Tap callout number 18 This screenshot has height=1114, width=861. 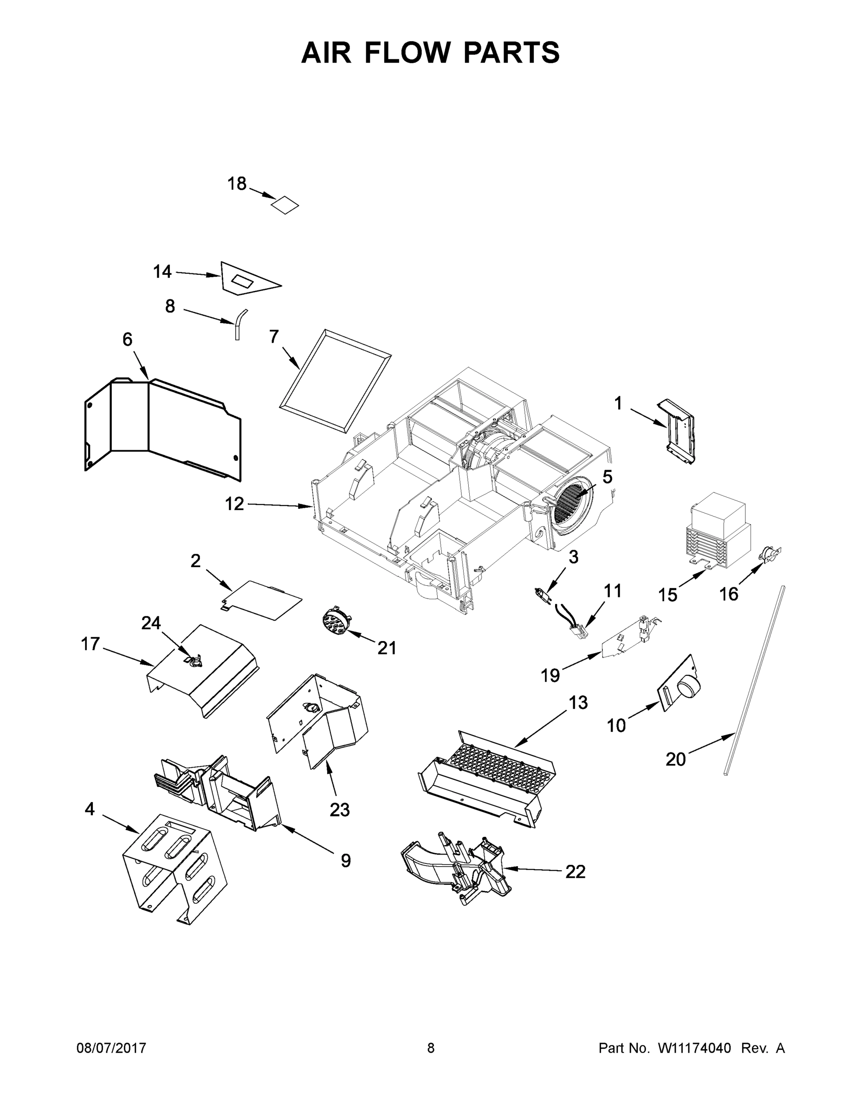[237, 184]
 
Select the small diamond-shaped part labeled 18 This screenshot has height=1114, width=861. [285, 205]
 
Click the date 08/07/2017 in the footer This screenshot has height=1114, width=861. [111, 1048]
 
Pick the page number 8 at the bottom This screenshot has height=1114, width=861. [431, 1048]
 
